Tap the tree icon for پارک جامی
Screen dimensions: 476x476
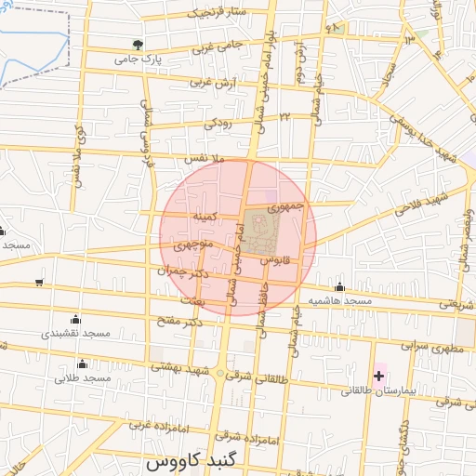tap(139, 44)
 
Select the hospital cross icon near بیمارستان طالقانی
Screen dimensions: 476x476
tap(378, 376)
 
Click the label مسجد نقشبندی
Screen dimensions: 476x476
tap(75, 333)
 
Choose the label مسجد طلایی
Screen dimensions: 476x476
tap(82, 378)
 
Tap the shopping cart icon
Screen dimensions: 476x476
tap(38, 283)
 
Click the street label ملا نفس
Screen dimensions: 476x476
tap(206, 160)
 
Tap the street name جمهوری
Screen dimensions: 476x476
tap(285, 205)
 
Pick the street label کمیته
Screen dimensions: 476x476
tap(205, 216)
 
